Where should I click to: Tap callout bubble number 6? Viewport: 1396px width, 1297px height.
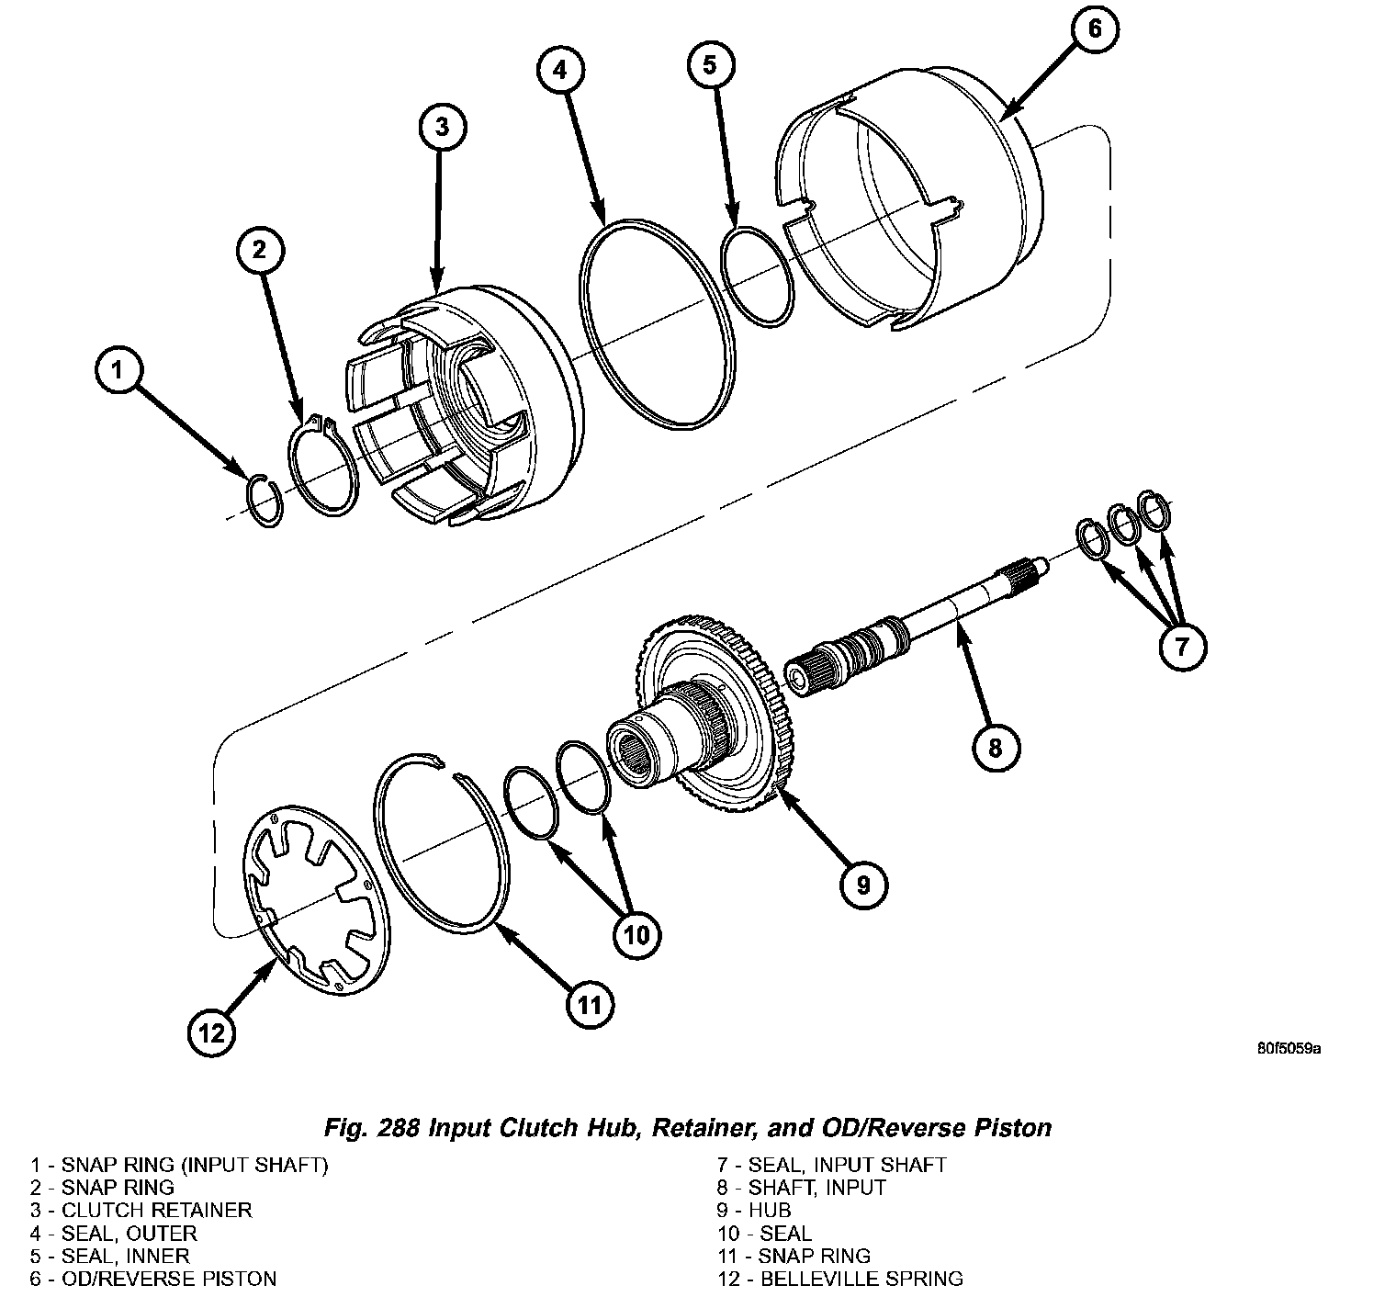tap(1093, 28)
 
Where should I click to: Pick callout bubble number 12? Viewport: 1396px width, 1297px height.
tap(212, 1033)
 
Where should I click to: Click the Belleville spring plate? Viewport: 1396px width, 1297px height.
tap(316, 899)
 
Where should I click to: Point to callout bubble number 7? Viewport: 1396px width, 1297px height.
tap(1179, 648)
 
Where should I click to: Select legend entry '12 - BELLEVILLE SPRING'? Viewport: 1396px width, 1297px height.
tap(840, 1278)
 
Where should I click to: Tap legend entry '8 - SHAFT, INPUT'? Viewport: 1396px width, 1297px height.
tap(802, 1187)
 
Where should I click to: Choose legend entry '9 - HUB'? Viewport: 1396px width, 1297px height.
tap(754, 1210)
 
